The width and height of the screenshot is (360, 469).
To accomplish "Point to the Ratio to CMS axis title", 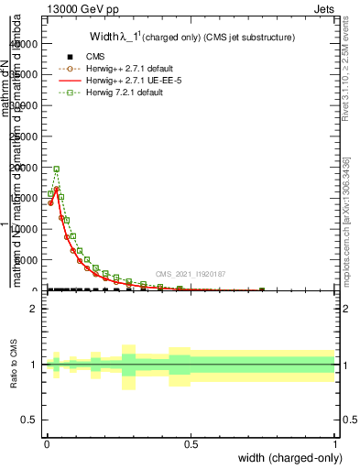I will (x=14, y=365).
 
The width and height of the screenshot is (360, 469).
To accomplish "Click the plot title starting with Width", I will (x=191, y=38).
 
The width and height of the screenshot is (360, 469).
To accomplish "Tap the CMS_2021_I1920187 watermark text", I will (x=191, y=273).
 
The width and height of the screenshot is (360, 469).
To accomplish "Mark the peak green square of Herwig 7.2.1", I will (x=57, y=169).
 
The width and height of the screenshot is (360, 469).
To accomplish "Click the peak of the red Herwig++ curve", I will (x=56, y=188).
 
